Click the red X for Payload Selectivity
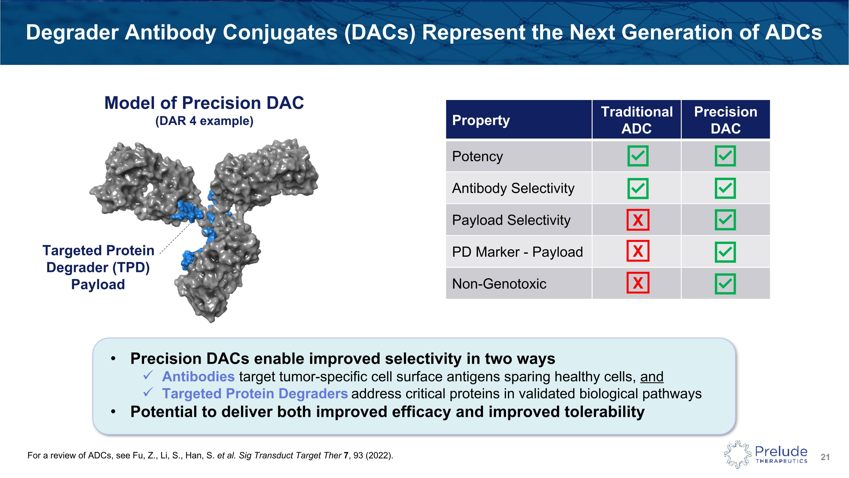pos(638,220)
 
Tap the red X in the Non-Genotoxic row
pos(638,283)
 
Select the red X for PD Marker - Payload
pos(638,251)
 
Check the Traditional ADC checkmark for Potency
pos(638,156)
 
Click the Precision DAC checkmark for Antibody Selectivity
pos(725,188)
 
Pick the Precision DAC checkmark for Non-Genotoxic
pos(725,284)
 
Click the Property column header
pos(481,120)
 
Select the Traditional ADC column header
pos(637,120)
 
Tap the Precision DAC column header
pos(726,120)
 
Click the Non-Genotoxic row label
pos(499,284)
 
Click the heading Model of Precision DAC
pos(204,103)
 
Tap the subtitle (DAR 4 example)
pos(204,121)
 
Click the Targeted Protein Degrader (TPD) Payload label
pos(98,267)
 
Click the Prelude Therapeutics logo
pos(766,454)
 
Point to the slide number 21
pos(825,457)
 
